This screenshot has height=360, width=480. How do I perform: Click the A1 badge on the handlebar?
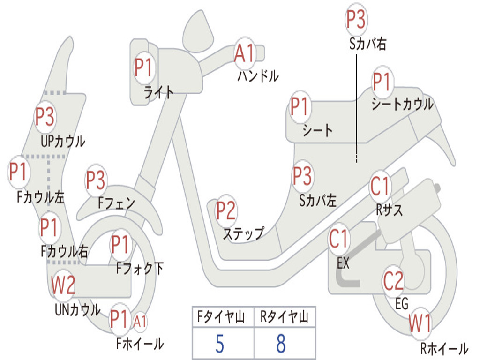pyautogui.click(x=244, y=53)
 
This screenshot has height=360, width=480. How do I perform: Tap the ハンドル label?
pyautogui.click(x=258, y=76)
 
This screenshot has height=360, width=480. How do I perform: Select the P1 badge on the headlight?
pyautogui.click(x=143, y=67)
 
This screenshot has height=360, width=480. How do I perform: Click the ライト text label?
pyautogui.click(x=158, y=92)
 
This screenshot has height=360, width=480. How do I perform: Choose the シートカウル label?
pyautogui.click(x=402, y=104)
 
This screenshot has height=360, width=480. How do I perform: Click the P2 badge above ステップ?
pyautogui.click(x=226, y=210)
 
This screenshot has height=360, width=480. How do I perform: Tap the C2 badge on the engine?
pyautogui.click(x=393, y=281)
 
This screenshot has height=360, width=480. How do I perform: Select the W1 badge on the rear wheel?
pyautogui.click(x=420, y=323)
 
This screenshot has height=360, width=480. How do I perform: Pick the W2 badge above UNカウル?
pyautogui.click(x=63, y=285)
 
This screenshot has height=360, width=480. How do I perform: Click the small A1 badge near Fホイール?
pyautogui.click(x=140, y=322)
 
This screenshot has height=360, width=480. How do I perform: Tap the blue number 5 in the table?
pyautogui.click(x=220, y=344)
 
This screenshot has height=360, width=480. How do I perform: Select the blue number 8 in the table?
pyautogui.click(x=281, y=344)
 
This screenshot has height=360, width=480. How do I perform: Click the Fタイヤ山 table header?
pyautogui.click(x=221, y=317)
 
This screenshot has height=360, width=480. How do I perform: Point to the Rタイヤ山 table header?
pyautogui.click(x=285, y=317)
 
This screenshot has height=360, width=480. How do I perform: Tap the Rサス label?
pyautogui.click(x=389, y=210)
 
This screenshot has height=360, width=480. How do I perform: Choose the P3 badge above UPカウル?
pyautogui.click(x=45, y=117)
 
